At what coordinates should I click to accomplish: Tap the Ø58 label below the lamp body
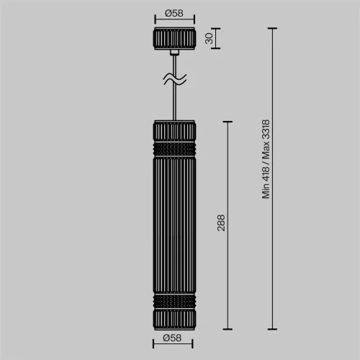point(174,338)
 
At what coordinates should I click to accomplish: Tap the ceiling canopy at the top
point(174,39)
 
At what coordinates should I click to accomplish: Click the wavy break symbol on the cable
point(174,78)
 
